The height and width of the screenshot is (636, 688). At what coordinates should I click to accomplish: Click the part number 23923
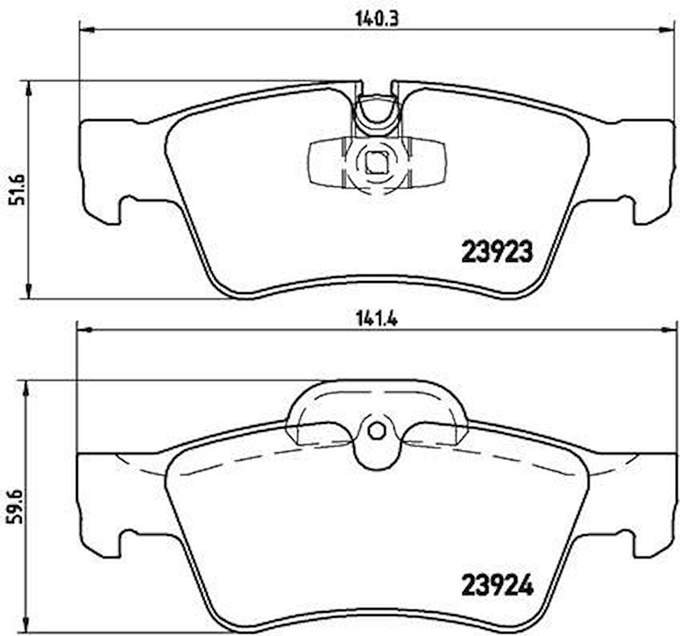(497, 252)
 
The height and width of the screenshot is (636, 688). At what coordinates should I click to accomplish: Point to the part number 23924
(497, 585)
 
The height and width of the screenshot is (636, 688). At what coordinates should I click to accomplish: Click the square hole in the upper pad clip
(376, 163)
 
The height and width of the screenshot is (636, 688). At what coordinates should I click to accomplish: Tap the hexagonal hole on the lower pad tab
(377, 431)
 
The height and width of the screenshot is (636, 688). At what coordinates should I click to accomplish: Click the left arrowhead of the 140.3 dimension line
(86, 30)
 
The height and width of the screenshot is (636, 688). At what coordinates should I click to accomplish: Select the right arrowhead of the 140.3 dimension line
(666, 30)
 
